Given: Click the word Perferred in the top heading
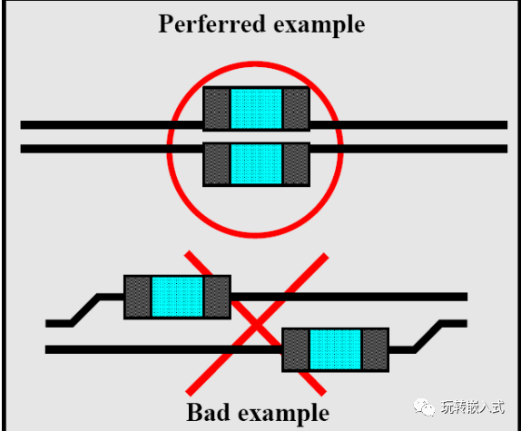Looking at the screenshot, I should [211, 24].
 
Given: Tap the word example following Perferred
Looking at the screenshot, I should [317, 24].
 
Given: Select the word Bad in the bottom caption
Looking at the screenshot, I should [210, 412].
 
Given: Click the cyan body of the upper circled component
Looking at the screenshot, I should [256, 109].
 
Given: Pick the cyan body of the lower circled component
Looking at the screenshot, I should [256, 164].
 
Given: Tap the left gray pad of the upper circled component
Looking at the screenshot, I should [216, 109].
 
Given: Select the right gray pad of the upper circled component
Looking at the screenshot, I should [296, 109].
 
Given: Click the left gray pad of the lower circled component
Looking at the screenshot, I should [216, 164].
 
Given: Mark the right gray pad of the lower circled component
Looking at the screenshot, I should [296, 164].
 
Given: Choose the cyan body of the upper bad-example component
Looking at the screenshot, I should [177, 297].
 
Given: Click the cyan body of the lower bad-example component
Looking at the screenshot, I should [335, 349].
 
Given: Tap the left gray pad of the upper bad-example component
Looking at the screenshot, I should [137, 297].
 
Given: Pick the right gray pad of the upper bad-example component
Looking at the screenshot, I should [217, 297].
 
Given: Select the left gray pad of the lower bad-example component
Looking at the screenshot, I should [295, 349].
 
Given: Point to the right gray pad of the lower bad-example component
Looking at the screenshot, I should [375, 349].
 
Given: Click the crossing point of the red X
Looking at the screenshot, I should [257, 322].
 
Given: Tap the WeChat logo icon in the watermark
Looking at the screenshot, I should [423, 407].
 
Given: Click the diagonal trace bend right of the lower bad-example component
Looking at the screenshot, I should [427, 336].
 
